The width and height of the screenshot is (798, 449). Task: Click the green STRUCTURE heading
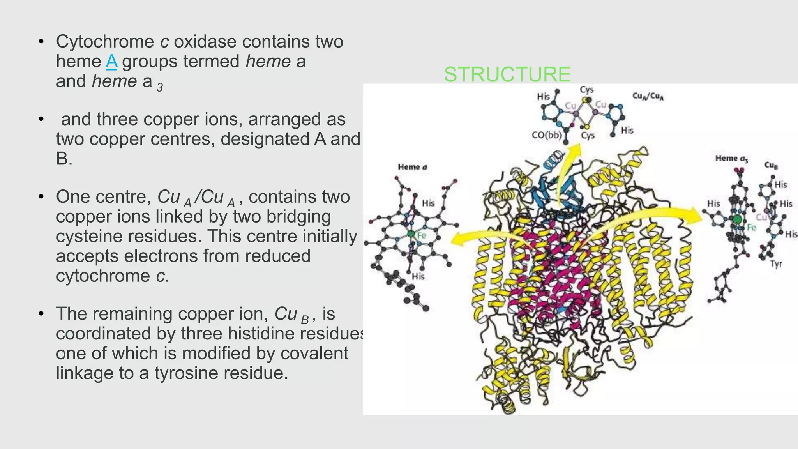(x=507, y=74)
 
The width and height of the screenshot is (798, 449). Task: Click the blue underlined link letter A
(x=111, y=62)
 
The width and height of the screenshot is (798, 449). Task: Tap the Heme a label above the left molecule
(x=412, y=167)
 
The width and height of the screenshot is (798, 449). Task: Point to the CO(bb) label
(x=547, y=135)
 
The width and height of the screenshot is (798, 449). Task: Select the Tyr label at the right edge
(x=776, y=264)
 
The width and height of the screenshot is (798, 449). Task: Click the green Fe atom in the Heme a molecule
(x=411, y=234)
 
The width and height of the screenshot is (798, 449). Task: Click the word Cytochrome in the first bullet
(x=105, y=42)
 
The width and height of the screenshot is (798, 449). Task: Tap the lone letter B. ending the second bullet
(x=64, y=159)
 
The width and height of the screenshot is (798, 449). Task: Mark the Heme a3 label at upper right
(x=731, y=159)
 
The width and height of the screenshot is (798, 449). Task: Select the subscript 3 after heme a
(x=160, y=87)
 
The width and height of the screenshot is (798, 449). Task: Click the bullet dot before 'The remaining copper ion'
(x=41, y=314)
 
